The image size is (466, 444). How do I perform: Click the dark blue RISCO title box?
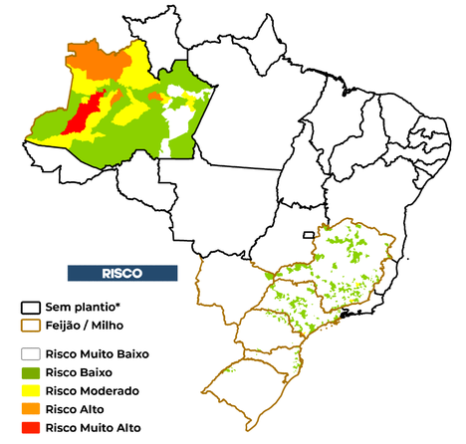121,273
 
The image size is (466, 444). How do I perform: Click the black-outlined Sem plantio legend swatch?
31,307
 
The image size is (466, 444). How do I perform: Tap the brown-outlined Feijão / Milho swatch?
31,326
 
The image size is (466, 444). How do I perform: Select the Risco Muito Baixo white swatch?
31,353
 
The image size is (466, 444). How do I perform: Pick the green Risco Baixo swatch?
31,371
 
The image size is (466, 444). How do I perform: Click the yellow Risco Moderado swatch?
31,390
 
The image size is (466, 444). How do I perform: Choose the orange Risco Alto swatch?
31,409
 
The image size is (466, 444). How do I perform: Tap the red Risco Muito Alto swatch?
31,428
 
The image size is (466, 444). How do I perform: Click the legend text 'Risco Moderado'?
94,390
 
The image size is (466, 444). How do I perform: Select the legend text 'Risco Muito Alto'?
95,428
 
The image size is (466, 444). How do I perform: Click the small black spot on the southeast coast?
346,315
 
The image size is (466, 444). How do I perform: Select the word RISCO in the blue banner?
121,273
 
